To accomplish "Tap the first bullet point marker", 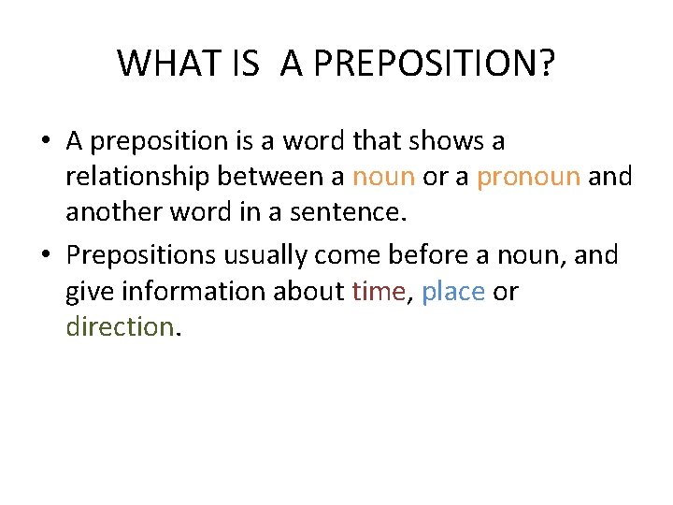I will point(45,141).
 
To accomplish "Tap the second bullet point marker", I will point(45,254).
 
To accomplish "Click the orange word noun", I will point(383,177).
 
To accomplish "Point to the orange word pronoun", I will point(529,177).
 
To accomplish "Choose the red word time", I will point(379,292).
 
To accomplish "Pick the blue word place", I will point(452,292).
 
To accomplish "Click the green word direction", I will point(119,327).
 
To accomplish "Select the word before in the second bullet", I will point(442,254).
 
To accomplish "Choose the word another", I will point(113,213).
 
